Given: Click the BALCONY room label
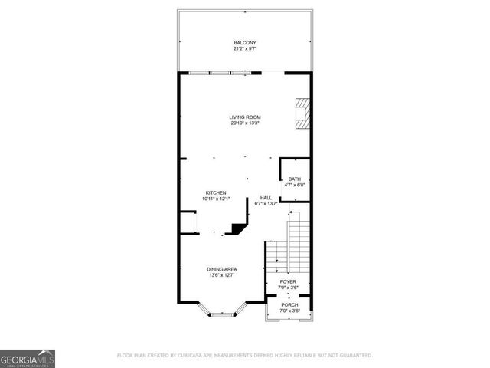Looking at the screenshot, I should pos(245,42).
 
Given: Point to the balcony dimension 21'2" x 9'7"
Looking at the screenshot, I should pos(245,48).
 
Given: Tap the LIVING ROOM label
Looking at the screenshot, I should pos(245,117).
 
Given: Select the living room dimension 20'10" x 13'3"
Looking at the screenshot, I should pos(245,123).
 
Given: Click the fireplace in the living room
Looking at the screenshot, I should pos(304,112).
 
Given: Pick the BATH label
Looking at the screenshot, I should pos(295,179).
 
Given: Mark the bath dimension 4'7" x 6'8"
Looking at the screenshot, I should pos(295,186).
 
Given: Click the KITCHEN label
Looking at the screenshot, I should pos(215,192).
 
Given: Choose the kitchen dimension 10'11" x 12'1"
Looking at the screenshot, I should pos(215,199).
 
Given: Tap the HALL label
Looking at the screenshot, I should pos(266,198).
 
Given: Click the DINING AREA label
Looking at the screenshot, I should pos(221,269).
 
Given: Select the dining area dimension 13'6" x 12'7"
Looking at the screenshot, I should pos(221,275).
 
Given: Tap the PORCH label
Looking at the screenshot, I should pos(289,304).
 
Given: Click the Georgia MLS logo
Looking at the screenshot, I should pos(28,358).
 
